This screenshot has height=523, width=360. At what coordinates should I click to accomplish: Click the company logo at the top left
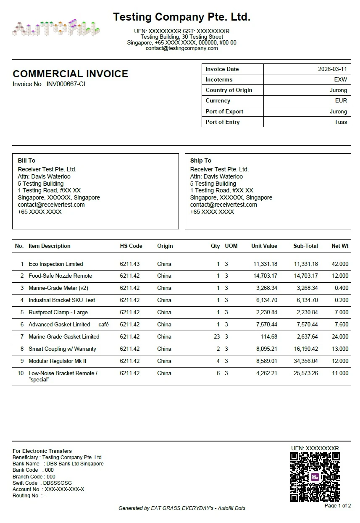pos(56,28)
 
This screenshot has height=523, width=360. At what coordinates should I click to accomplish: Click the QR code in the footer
pos(315,477)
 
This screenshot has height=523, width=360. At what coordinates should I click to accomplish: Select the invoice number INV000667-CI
pos(66,84)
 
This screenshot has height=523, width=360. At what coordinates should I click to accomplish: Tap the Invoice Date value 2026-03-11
pos(332,69)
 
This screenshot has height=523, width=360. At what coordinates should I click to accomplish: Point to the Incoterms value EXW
pos(340,79)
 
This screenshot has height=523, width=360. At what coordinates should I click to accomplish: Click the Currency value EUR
pos(341,100)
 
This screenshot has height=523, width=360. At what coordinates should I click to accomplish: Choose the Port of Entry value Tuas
pos(341,122)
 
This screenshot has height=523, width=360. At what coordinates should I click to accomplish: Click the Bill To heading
pos(26,160)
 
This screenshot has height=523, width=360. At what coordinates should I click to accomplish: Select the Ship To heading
pos(201,160)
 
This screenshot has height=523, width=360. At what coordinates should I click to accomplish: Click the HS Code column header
pos(131,246)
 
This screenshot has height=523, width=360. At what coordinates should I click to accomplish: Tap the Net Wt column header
pos(340,246)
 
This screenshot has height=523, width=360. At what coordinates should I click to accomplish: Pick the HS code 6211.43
pos(130,264)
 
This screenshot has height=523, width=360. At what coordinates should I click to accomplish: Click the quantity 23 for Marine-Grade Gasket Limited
pos(217,336)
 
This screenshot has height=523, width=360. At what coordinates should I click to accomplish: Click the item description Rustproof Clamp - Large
pos(58,312)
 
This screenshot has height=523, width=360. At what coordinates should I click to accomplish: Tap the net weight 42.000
pos(340,264)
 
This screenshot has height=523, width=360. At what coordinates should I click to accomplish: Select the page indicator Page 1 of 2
pos(337,506)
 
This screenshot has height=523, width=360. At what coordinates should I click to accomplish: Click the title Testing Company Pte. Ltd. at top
pos(181,17)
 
